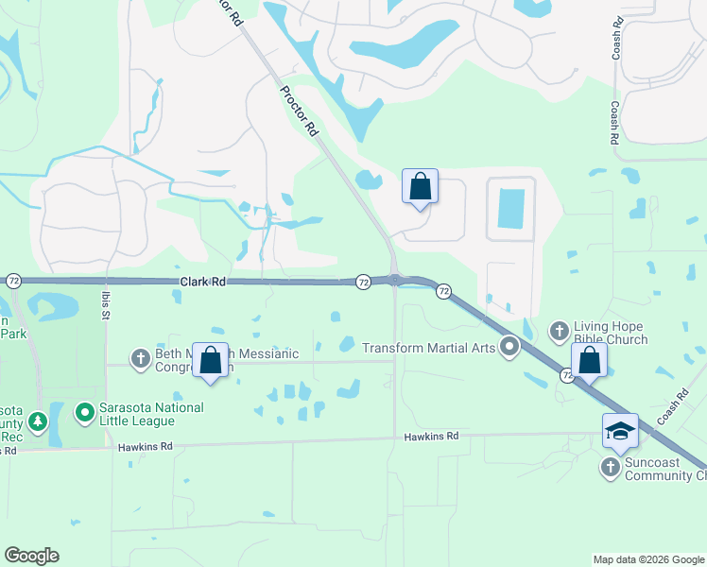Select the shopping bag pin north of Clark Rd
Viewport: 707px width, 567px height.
coord(420,187)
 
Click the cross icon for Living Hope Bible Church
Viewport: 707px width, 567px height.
coord(559,331)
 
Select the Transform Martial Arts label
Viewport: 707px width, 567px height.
coord(429,348)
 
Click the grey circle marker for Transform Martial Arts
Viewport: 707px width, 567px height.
coord(510,348)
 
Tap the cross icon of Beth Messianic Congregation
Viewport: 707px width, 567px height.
coord(141,357)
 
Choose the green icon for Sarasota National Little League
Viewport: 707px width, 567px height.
coord(84,412)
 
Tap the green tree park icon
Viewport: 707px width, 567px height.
coord(37,421)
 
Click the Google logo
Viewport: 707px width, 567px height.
coord(31,556)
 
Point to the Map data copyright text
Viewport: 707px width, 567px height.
coord(647,559)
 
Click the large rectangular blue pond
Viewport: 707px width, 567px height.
coord(510,208)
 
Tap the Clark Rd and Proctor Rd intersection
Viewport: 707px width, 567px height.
coord(394,279)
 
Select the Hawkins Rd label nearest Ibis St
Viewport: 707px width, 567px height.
coord(146,446)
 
